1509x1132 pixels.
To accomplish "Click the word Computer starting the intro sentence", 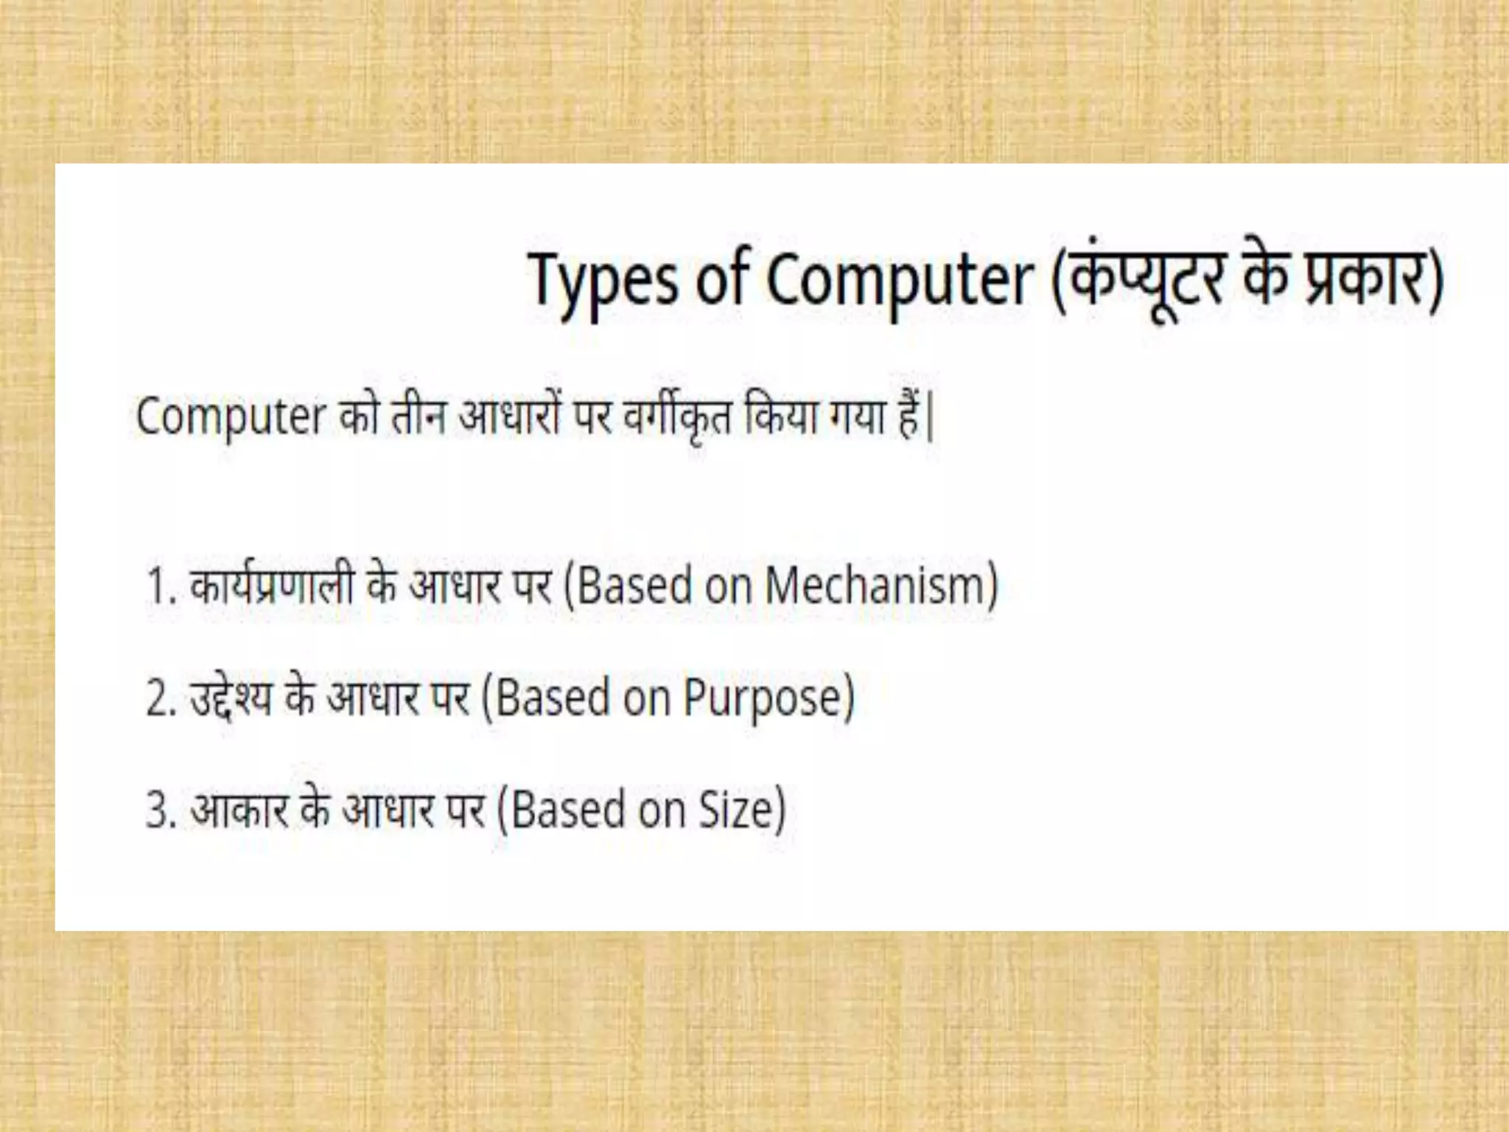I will (x=230, y=417).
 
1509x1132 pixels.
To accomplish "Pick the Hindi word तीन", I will (x=418, y=417).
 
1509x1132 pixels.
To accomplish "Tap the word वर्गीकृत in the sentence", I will (x=677, y=417).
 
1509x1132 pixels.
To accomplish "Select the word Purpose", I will (x=766, y=699).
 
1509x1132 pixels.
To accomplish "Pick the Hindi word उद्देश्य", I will (x=231, y=699).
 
